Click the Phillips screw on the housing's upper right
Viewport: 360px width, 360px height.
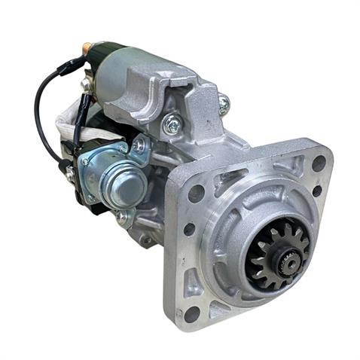coord(224,105)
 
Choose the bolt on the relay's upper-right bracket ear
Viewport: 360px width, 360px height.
coord(138,145)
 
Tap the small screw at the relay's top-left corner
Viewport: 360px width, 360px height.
coord(84,160)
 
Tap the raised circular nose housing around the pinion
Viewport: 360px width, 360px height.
coord(249,226)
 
